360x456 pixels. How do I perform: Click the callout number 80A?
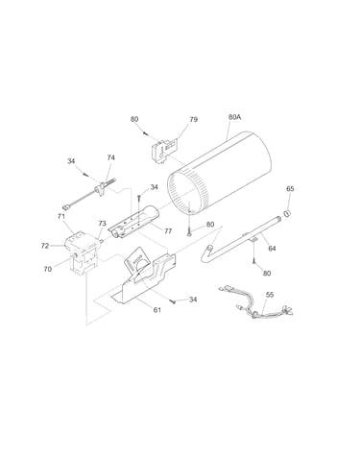[x=234, y=117]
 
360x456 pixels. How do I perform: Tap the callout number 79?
[x=193, y=119]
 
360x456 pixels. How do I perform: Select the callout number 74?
[x=110, y=157]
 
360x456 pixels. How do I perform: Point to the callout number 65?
[x=290, y=189]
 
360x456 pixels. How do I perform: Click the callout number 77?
[x=168, y=231]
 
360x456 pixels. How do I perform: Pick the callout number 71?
[x=61, y=216]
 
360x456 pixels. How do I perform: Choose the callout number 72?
[x=45, y=246]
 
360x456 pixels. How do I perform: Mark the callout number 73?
[x=102, y=224]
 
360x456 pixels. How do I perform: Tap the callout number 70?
[x=47, y=270]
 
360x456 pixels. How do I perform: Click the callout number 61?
[x=157, y=310]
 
